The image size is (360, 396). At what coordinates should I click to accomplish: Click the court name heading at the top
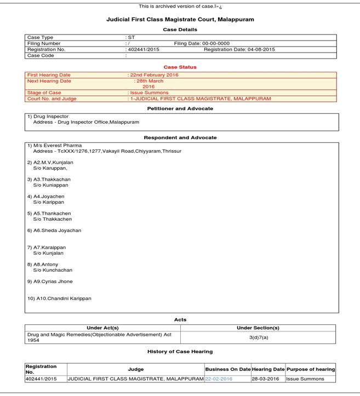click(180, 19)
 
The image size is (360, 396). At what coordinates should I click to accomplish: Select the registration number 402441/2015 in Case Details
click(143, 49)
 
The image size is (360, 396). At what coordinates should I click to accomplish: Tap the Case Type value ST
click(131, 37)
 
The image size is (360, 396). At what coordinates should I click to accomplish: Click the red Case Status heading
click(180, 67)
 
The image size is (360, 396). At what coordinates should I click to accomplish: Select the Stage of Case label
click(44, 93)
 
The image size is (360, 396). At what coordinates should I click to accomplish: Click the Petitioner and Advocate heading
click(180, 108)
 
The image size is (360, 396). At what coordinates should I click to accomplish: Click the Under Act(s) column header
click(103, 328)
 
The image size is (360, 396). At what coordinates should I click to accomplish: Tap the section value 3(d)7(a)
click(258, 337)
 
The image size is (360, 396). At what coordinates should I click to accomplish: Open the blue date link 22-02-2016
click(219, 378)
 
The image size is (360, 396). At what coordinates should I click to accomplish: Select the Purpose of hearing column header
click(310, 369)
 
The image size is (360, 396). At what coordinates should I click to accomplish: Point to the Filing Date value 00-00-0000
click(216, 43)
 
